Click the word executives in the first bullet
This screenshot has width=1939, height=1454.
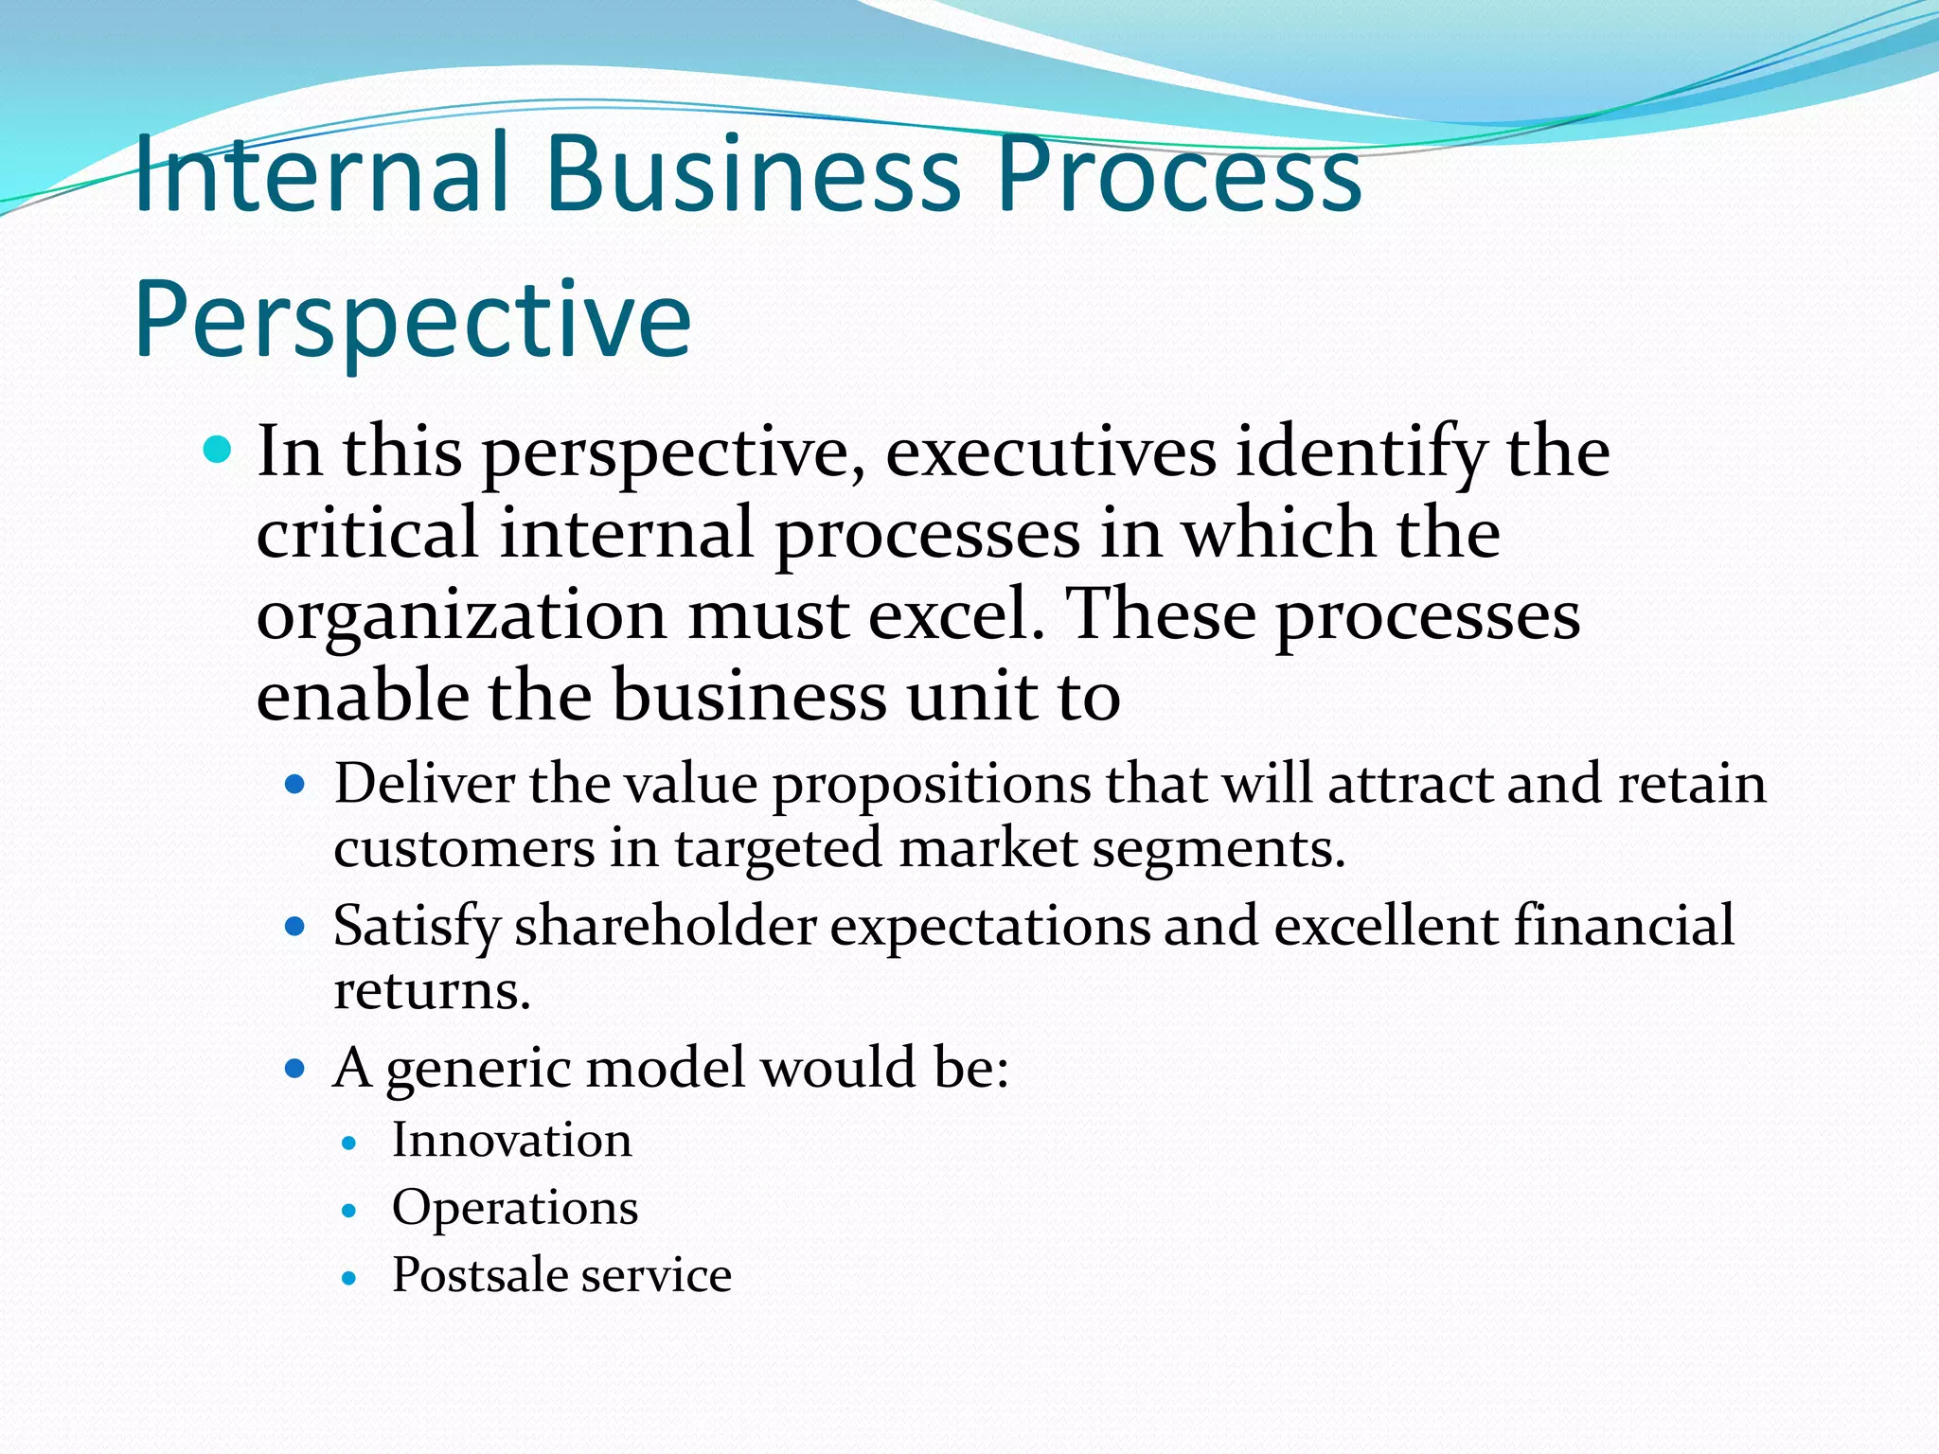tap(1050, 452)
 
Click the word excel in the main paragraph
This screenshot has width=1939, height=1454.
tap(955, 615)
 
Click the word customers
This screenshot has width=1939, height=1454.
tap(464, 847)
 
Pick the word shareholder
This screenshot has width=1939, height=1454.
tap(666, 925)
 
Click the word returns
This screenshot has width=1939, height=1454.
tap(432, 990)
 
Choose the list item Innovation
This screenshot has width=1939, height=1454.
tap(512, 1140)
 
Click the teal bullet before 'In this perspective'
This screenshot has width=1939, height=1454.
tap(218, 449)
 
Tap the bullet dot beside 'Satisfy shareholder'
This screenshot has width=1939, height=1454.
tap(295, 926)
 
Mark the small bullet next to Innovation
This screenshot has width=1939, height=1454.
tap(349, 1144)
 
